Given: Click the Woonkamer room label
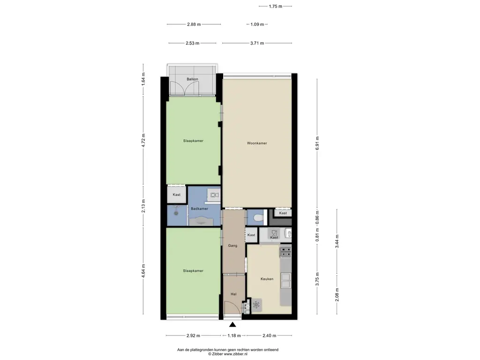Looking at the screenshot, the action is [x=257, y=143].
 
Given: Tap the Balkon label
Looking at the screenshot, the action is [x=192, y=79].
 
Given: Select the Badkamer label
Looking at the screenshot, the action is [x=199, y=209].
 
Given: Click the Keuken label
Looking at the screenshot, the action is [x=267, y=279].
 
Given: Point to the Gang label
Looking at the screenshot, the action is [x=232, y=246].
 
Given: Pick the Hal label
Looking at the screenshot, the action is [x=233, y=294].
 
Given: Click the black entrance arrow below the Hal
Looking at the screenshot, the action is [x=232, y=324].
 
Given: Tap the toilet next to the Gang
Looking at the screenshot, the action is [x=259, y=217].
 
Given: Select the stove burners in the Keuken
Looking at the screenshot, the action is [x=286, y=252].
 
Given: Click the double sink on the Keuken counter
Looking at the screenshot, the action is [x=286, y=281].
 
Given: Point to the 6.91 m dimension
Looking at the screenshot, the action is [x=317, y=142].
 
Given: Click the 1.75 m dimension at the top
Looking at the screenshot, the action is [x=276, y=6].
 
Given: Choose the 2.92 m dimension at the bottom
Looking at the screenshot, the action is [x=193, y=336].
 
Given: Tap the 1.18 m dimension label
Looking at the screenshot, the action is [x=234, y=336].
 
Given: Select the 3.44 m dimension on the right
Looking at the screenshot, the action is [x=337, y=241].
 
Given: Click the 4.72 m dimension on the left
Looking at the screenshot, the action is [x=143, y=140].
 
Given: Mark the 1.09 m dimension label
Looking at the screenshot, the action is [x=257, y=24].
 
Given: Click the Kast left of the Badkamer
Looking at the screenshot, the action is [x=177, y=195].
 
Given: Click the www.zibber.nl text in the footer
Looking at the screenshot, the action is [x=235, y=354].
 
